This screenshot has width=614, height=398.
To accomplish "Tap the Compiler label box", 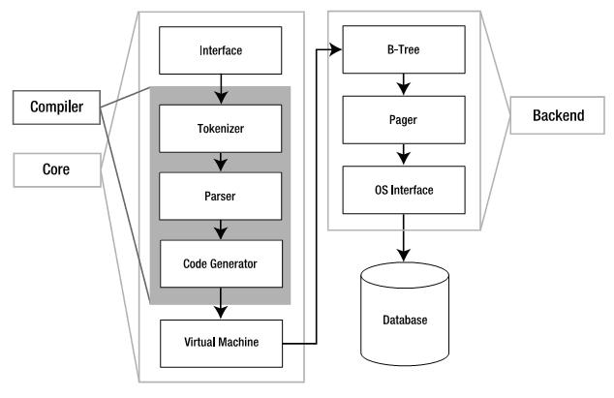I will pyautogui.click(x=54, y=107).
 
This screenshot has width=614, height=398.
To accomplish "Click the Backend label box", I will pyautogui.click(x=559, y=115).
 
